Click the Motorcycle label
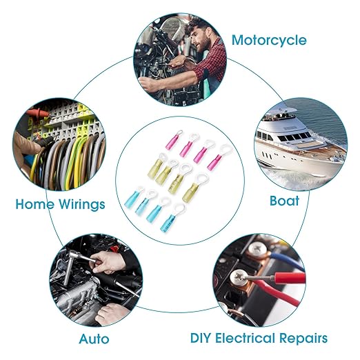tap(269, 41)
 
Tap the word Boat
tap(284, 201)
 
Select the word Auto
tap(94, 339)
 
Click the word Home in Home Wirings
tap(35, 204)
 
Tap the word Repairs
tap(303, 339)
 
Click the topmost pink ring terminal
tap(174, 140)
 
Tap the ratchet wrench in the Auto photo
tap(76, 267)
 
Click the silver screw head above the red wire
tap(239, 276)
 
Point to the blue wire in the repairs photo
tap(285, 260)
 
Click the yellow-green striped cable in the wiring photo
tap(79, 161)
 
